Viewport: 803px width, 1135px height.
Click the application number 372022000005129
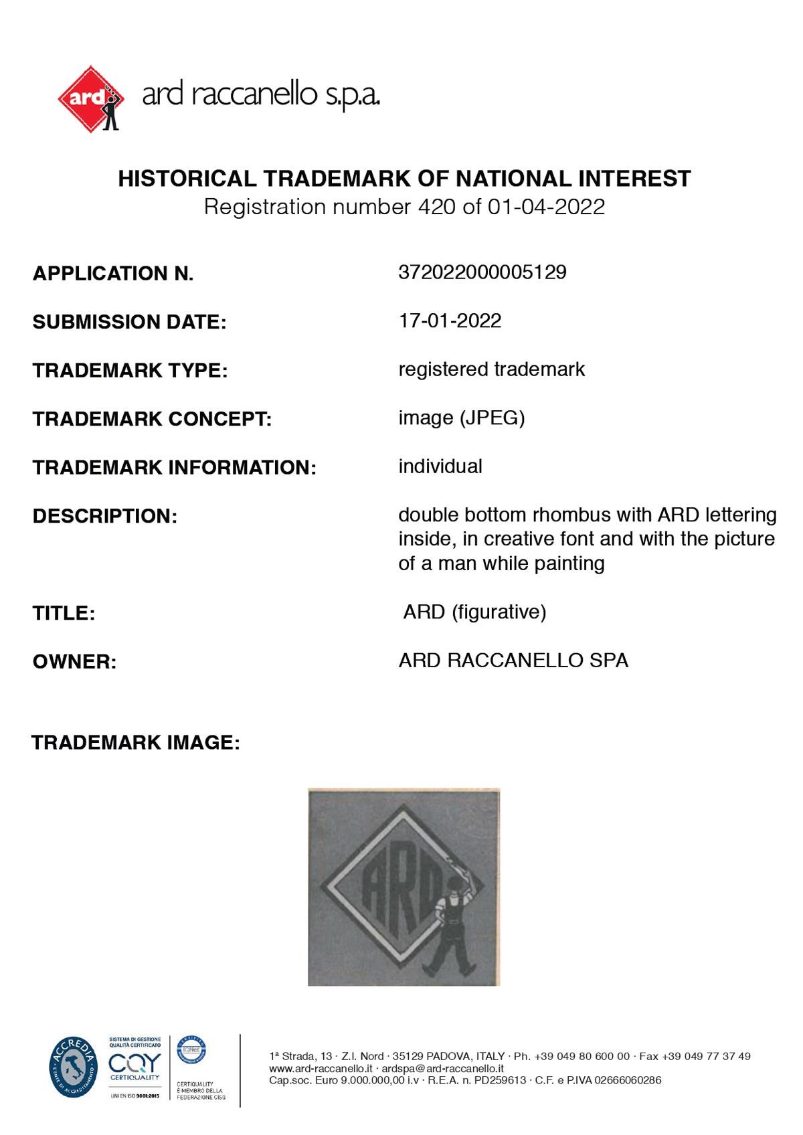pos(482,272)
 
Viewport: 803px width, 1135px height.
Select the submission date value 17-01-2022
pos(450,321)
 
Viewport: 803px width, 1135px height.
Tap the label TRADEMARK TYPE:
pos(130,370)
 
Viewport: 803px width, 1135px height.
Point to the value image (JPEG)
pos(461,418)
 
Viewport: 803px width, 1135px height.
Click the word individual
pos(440,466)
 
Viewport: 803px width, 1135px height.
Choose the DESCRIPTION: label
pos(104,516)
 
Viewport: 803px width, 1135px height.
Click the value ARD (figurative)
pos(474,612)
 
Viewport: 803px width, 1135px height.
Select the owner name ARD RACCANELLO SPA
pos(513,661)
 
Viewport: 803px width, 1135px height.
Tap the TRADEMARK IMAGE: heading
pos(135,742)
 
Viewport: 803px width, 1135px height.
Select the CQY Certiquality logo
pos(135,1065)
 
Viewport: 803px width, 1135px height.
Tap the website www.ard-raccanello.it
pos(321,1069)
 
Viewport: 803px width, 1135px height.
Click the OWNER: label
pos(74,662)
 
